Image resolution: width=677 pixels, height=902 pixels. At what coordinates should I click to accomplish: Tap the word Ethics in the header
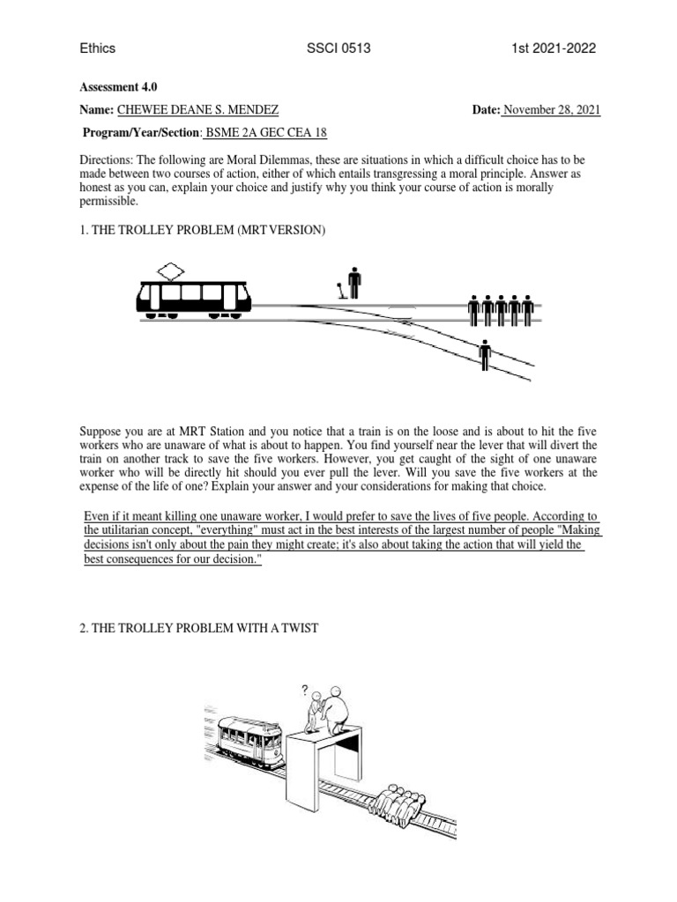(x=97, y=48)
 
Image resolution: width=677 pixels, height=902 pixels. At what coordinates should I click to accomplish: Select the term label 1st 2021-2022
(x=554, y=48)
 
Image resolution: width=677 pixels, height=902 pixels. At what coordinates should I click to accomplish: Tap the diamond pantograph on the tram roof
(x=168, y=270)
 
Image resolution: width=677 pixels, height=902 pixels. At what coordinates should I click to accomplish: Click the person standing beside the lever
(x=354, y=282)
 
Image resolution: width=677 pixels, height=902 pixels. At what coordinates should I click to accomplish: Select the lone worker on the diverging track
(x=484, y=355)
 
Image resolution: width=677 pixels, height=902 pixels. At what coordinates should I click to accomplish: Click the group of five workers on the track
(x=501, y=309)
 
